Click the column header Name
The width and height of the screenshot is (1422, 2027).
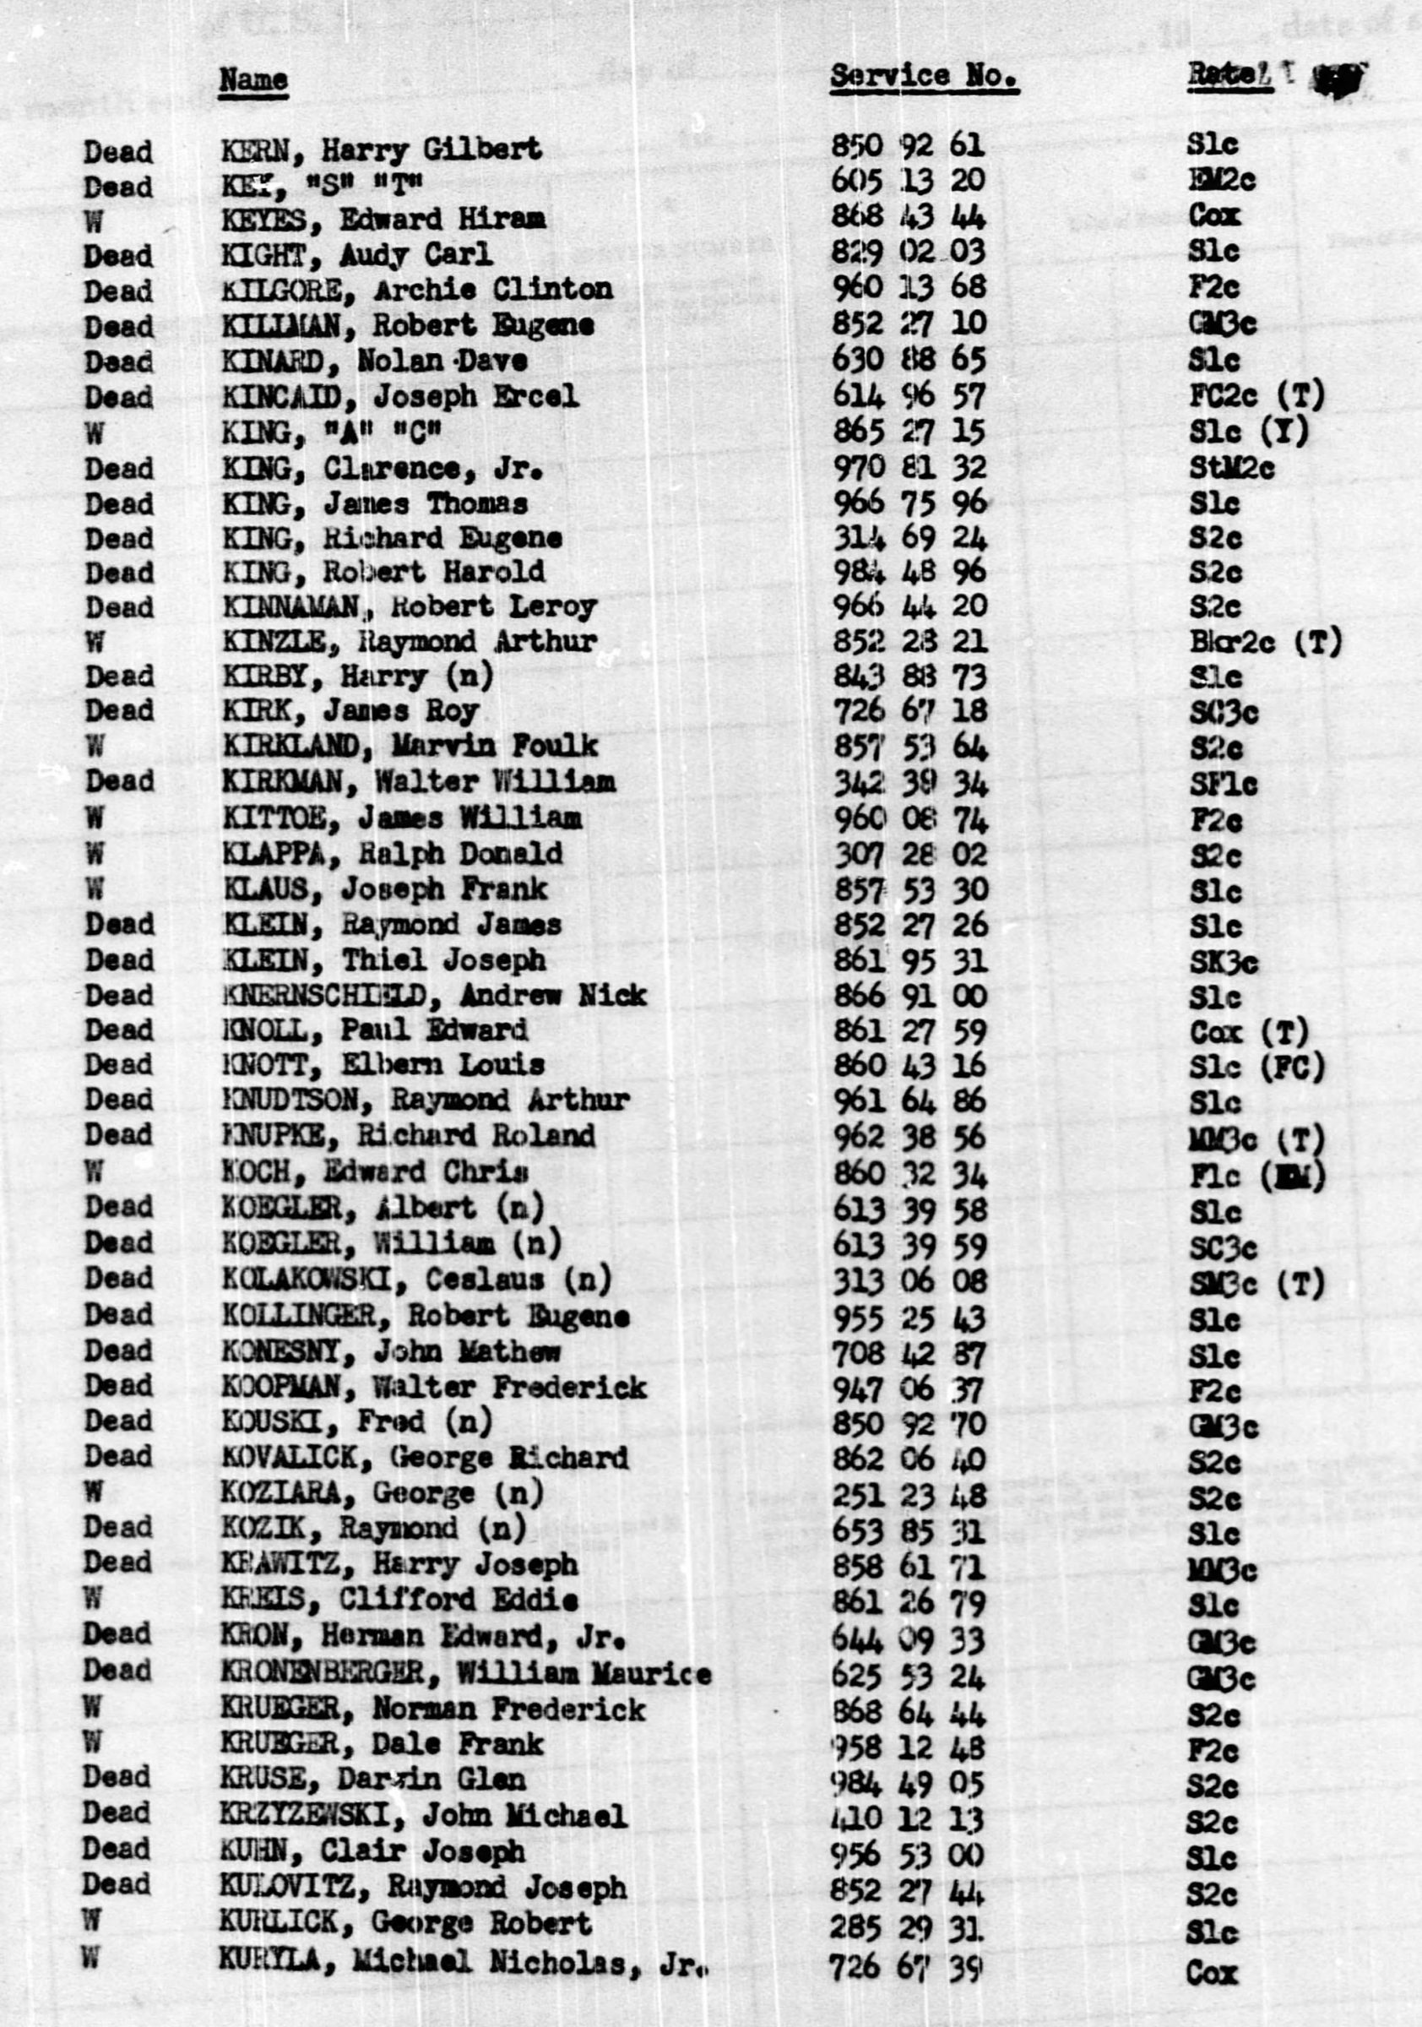click(x=253, y=79)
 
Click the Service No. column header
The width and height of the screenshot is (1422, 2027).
click(x=923, y=77)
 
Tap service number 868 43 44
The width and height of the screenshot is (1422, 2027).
click(x=909, y=217)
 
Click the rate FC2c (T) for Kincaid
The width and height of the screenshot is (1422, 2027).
click(x=1256, y=396)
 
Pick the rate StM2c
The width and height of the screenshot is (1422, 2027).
click(x=1231, y=468)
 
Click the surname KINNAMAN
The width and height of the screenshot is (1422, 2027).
click(x=290, y=607)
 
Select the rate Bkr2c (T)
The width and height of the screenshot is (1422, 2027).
click(x=1264, y=642)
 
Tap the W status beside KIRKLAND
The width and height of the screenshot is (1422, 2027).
click(x=95, y=747)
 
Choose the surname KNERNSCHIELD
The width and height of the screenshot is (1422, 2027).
click(x=324, y=996)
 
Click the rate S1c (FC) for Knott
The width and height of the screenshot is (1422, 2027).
click(x=1256, y=1068)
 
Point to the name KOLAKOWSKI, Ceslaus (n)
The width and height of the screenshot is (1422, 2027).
click(x=416, y=1280)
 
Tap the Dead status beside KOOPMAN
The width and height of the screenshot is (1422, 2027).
click(x=118, y=1386)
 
